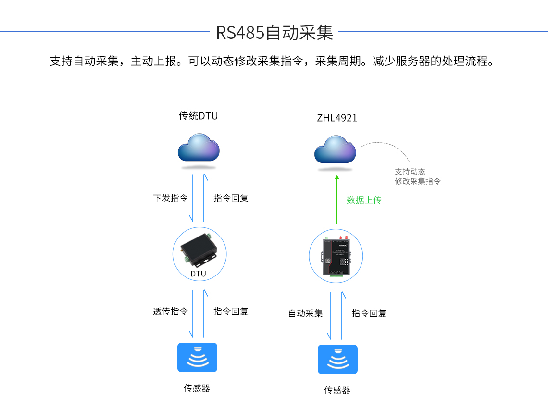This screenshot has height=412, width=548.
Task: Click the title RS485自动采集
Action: [x=274, y=33]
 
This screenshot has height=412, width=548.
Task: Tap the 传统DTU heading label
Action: [x=198, y=116]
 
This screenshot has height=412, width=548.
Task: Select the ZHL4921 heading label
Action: [x=337, y=118]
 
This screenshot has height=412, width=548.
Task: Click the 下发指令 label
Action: [x=170, y=198]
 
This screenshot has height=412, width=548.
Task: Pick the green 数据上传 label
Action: [x=364, y=200]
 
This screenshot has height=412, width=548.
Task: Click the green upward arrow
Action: [x=337, y=200]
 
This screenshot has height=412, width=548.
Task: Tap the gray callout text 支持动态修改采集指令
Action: [x=417, y=176]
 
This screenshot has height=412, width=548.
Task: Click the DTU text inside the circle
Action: [x=198, y=274]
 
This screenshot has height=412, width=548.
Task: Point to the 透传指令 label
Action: [x=170, y=312]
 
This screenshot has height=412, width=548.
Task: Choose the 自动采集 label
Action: [x=305, y=313]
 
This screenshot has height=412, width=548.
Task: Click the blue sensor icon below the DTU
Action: [x=197, y=357]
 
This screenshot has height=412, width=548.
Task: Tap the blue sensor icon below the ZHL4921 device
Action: [x=337, y=359]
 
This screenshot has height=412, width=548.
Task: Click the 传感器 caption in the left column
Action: [x=197, y=388]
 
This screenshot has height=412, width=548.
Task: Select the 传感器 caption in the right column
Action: [x=337, y=390]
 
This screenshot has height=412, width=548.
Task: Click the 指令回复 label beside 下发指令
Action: [x=231, y=198]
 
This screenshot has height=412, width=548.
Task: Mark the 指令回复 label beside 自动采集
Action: [x=369, y=313]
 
